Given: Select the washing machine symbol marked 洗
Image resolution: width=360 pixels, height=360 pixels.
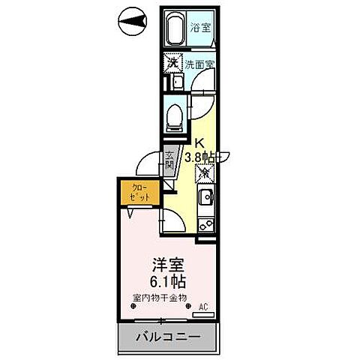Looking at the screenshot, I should (172, 64).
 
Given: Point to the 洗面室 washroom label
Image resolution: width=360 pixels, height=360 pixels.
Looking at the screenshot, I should (200, 64).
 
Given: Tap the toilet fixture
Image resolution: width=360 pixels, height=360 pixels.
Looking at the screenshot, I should (173, 116).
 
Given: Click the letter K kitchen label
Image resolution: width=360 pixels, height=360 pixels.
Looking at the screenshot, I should (199, 144).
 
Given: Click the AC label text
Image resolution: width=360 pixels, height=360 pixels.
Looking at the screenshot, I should (202, 306).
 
